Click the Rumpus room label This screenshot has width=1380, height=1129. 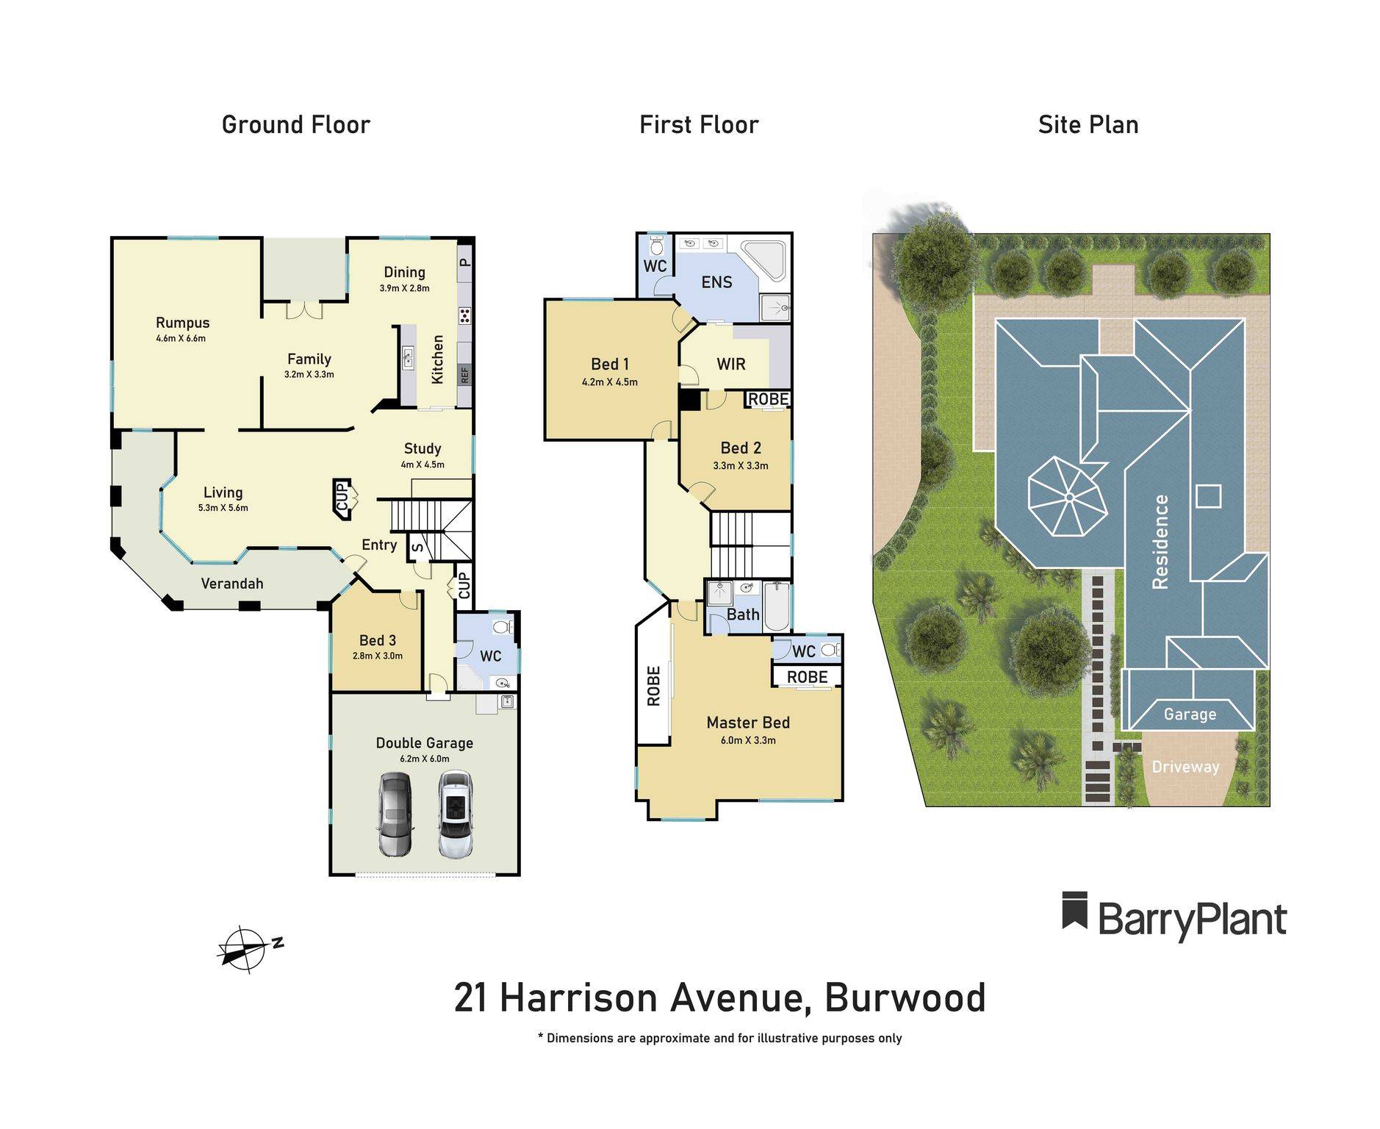(x=182, y=323)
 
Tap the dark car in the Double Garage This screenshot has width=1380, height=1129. (x=395, y=814)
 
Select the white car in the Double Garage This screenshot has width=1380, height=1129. (x=455, y=814)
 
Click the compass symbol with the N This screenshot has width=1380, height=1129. (x=245, y=949)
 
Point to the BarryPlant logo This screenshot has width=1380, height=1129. (x=1174, y=917)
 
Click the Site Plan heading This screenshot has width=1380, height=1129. (x=1088, y=125)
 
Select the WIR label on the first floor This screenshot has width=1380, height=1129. (x=730, y=364)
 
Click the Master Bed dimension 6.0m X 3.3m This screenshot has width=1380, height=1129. (x=747, y=740)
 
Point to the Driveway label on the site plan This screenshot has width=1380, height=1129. (x=1185, y=767)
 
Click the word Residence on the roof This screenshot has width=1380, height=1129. (x=1160, y=541)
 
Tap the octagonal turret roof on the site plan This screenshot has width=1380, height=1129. (x=1067, y=497)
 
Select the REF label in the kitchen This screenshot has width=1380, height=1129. (x=464, y=375)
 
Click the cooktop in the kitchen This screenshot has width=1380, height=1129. (x=464, y=316)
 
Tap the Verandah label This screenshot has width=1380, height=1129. (x=232, y=584)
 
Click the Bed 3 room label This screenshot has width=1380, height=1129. (x=377, y=640)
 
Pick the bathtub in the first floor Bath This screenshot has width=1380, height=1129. (x=777, y=606)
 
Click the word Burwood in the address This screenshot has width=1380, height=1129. (x=905, y=998)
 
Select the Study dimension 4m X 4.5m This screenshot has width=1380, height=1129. (x=422, y=465)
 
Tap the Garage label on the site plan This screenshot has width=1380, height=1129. (x=1189, y=714)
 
